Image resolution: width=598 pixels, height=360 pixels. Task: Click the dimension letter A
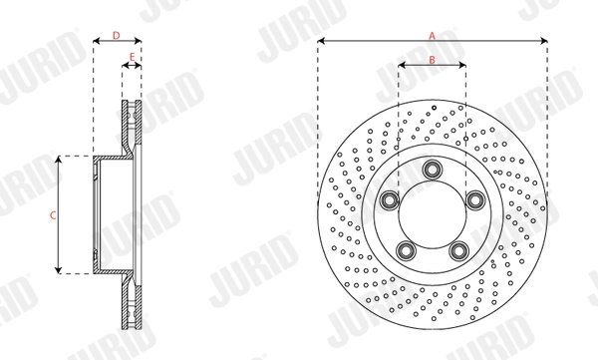pyautogui.click(x=433, y=34)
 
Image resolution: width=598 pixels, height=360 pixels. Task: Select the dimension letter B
pyautogui.click(x=432, y=59)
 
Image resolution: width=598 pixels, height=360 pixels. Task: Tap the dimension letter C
pyautogui.click(x=52, y=214)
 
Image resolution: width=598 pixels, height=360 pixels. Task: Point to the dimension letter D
pyautogui.click(x=116, y=35)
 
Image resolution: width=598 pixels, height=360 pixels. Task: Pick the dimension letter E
pyautogui.click(x=132, y=58)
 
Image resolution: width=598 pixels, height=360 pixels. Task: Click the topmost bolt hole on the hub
pyautogui.click(x=432, y=169)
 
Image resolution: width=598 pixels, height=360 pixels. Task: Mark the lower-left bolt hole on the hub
pyautogui.click(x=405, y=250)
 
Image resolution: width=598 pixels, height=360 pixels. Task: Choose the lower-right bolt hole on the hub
pyautogui.click(x=459, y=250)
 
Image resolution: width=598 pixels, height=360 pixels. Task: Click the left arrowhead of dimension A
pyautogui.click(x=320, y=42)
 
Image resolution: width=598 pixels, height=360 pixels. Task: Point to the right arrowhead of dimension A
pyautogui.click(x=546, y=42)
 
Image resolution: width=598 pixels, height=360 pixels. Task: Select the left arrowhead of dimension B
pyautogui.click(x=401, y=67)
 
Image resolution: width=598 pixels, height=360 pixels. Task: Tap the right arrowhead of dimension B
pyautogui.click(x=463, y=67)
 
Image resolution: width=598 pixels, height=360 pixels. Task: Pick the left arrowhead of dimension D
pyautogui.click(x=96, y=43)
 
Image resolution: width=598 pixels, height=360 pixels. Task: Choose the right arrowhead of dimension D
pyautogui.click(x=139, y=43)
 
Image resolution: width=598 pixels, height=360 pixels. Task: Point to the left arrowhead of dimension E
pyautogui.click(x=125, y=67)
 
